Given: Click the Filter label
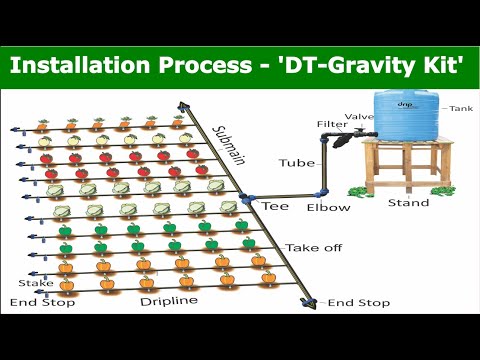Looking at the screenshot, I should click(332, 125).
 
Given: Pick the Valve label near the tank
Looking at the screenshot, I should click(359, 116).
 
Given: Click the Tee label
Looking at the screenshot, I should click(275, 206).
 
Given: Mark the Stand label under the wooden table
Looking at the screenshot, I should click(408, 203).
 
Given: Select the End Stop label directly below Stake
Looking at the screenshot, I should click(35, 302).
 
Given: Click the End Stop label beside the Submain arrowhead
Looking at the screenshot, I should click(359, 303).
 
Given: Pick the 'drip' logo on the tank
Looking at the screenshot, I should click(406, 102).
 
